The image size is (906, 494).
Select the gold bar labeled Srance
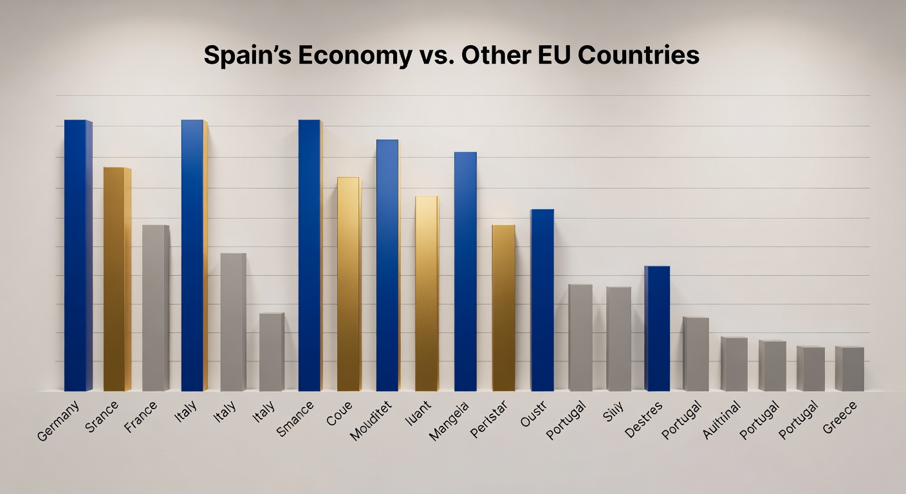[x=116, y=279]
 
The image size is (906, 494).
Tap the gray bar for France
[x=155, y=308]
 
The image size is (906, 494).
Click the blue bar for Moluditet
[x=387, y=265]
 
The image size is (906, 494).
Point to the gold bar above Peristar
[x=503, y=308]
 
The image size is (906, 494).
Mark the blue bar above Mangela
[x=465, y=271]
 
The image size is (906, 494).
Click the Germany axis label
[x=59, y=421]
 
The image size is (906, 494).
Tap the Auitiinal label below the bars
[x=723, y=419]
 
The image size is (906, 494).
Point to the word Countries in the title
[x=638, y=56]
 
